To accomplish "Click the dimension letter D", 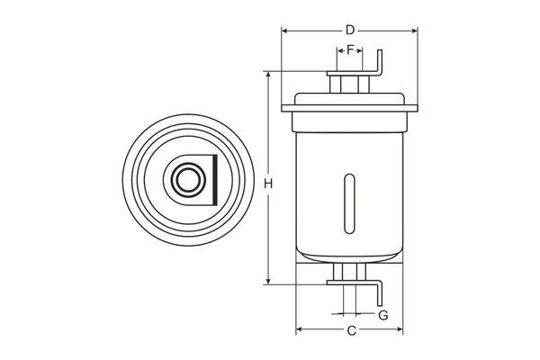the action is [350, 31].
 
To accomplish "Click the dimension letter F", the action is [350, 50].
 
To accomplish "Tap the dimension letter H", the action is [268, 184].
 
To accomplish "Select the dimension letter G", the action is [383, 315].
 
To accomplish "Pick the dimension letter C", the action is [351, 330].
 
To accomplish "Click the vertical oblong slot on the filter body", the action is [349, 204].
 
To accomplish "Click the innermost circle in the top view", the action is [188, 180].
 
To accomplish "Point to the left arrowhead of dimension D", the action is [284, 31].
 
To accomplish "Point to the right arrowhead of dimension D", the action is [414, 31].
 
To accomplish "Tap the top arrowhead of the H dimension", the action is [268, 76].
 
